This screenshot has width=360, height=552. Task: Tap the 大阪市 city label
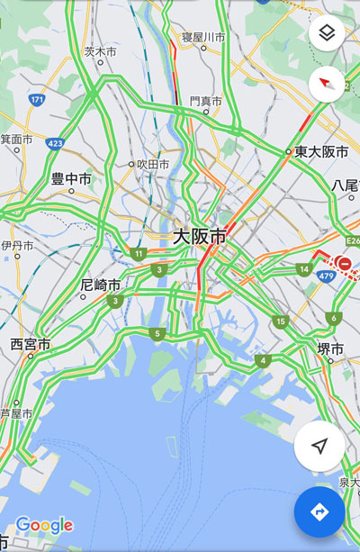[199, 238]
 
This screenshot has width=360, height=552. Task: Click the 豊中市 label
[71, 179]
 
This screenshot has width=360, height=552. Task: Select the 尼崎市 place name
[100, 285]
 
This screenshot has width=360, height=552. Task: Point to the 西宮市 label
[30, 344]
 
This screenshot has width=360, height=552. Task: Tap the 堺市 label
[330, 348]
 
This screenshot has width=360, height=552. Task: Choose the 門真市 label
[205, 102]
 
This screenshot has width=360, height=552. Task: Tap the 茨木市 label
[100, 52]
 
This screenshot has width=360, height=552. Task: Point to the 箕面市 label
[15, 140]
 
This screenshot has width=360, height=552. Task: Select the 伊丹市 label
[16, 245]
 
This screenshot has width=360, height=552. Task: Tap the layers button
[327, 34]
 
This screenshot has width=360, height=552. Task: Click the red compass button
[327, 84]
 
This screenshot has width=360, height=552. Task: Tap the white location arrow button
[319, 447]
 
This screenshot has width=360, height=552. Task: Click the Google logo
[43, 525]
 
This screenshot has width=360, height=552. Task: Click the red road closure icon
[344, 263]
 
